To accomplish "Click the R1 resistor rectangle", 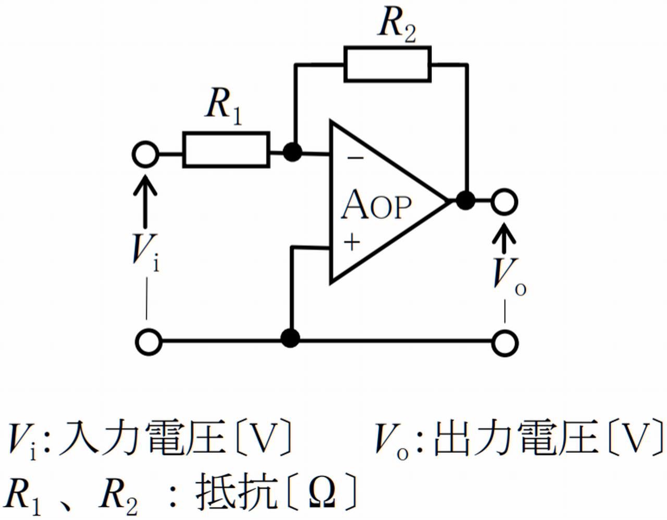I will tap(226, 150).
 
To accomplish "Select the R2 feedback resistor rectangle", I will tap(387, 64).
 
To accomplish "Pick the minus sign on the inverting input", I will tap(355, 158).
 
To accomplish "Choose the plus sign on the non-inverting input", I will tap(352, 242).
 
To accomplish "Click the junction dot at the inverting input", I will tap(292, 152).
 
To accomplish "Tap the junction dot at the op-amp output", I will tap(465, 200).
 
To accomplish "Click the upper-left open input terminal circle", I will tap(145, 154).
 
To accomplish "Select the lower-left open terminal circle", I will tap(149, 342).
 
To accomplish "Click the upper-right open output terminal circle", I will tap(504, 201).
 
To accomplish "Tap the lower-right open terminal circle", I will tap(504, 343).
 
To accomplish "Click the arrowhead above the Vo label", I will tap(504, 232).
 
